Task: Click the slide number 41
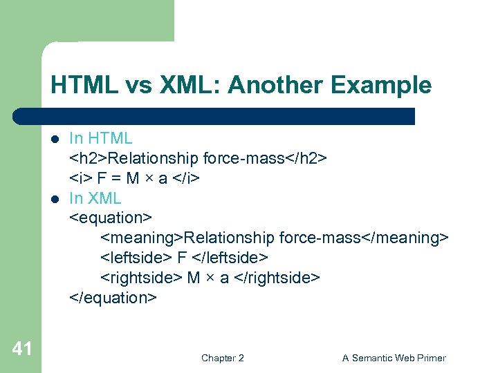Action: (x=22, y=349)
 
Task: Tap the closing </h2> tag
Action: (x=306, y=159)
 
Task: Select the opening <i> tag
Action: (x=80, y=179)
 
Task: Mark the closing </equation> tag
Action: (x=113, y=298)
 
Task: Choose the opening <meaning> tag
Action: (x=142, y=238)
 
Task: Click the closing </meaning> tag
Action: (x=405, y=238)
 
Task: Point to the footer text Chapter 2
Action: (x=222, y=358)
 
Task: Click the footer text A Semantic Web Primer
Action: (x=394, y=358)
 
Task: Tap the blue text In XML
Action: (x=95, y=199)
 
